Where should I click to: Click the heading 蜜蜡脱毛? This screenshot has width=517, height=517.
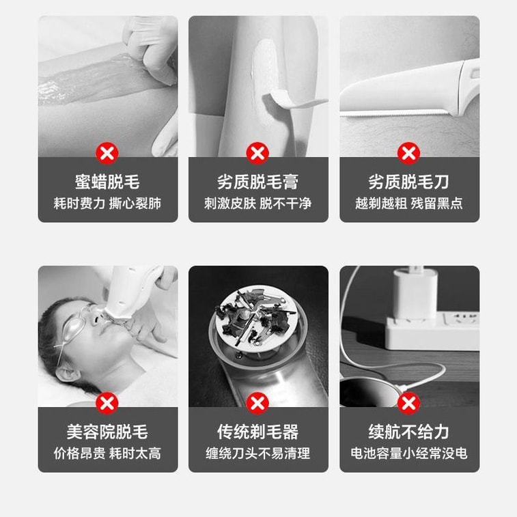click(107, 182)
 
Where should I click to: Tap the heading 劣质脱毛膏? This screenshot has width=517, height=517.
click(258, 182)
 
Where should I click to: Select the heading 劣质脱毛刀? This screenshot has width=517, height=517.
click(409, 182)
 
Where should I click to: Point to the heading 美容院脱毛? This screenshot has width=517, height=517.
click(107, 432)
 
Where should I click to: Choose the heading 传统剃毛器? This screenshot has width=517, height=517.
click(258, 432)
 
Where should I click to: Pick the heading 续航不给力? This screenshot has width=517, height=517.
click(409, 432)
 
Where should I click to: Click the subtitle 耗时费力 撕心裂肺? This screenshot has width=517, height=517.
click(107, 204)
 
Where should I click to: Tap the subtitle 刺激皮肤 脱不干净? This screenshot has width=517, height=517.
click(258, 204)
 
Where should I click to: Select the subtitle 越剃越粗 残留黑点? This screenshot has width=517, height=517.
click(409, 204)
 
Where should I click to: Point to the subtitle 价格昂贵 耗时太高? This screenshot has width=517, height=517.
click(107, 453)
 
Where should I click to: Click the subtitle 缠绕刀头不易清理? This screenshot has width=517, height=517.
click(258, 453)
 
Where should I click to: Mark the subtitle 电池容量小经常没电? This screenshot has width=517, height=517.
click(409, 453)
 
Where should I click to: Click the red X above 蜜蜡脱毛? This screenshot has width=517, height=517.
click(107, 153)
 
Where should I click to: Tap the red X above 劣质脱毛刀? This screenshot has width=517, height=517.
click(409, 153)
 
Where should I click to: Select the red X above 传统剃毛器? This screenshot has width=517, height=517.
click(258, 403)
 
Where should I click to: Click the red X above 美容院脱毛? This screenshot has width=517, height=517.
click(107, 403)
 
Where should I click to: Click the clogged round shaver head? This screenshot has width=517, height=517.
click(254, 316)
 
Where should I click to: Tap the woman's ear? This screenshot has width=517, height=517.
click(67, 374)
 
